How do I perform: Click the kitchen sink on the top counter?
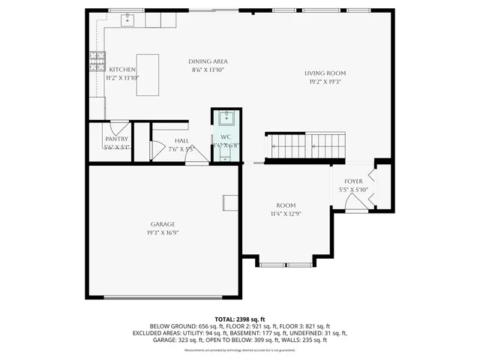tap(127, 19)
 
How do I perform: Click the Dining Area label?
tap(208, 61)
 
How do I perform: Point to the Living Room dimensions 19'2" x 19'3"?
tap(325, 81)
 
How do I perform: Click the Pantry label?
tap(116, 139)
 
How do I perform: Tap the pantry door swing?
tap(120, 126)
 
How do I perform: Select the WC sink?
tap(226, 118)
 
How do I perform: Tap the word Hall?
tap(181, 140)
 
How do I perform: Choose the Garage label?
tap(163, 224)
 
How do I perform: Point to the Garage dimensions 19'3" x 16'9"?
tap(163, 232)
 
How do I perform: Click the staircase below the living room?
tap(305, 145)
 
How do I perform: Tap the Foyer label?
tap(353, 181)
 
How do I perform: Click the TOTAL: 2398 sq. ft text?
tap(239, 319)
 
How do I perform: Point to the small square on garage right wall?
tap(230, 202)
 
